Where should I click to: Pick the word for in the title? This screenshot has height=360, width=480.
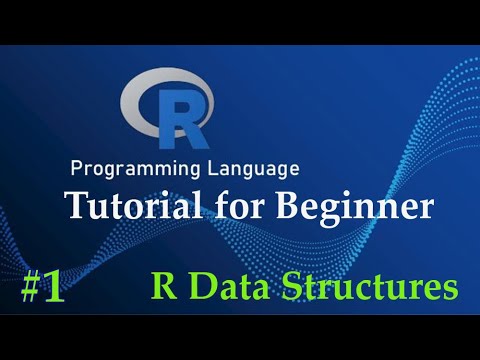(234, 207)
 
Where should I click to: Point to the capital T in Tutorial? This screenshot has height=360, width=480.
(77, 207)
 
